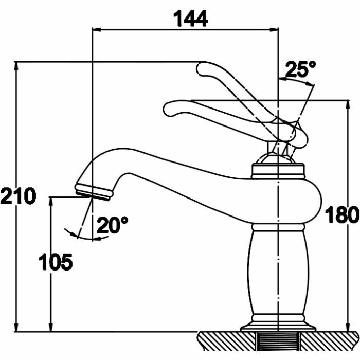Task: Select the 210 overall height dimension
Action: tap(17, 196)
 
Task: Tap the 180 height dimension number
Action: tap(341, 215)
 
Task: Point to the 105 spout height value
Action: tap(56, 263)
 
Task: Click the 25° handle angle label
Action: tap(300, 69)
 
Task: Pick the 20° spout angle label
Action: tap(113, 225)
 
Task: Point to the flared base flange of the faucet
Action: tap(278, 325)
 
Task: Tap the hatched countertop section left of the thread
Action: tap(226, 341)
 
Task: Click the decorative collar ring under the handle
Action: tap(278, 169)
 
